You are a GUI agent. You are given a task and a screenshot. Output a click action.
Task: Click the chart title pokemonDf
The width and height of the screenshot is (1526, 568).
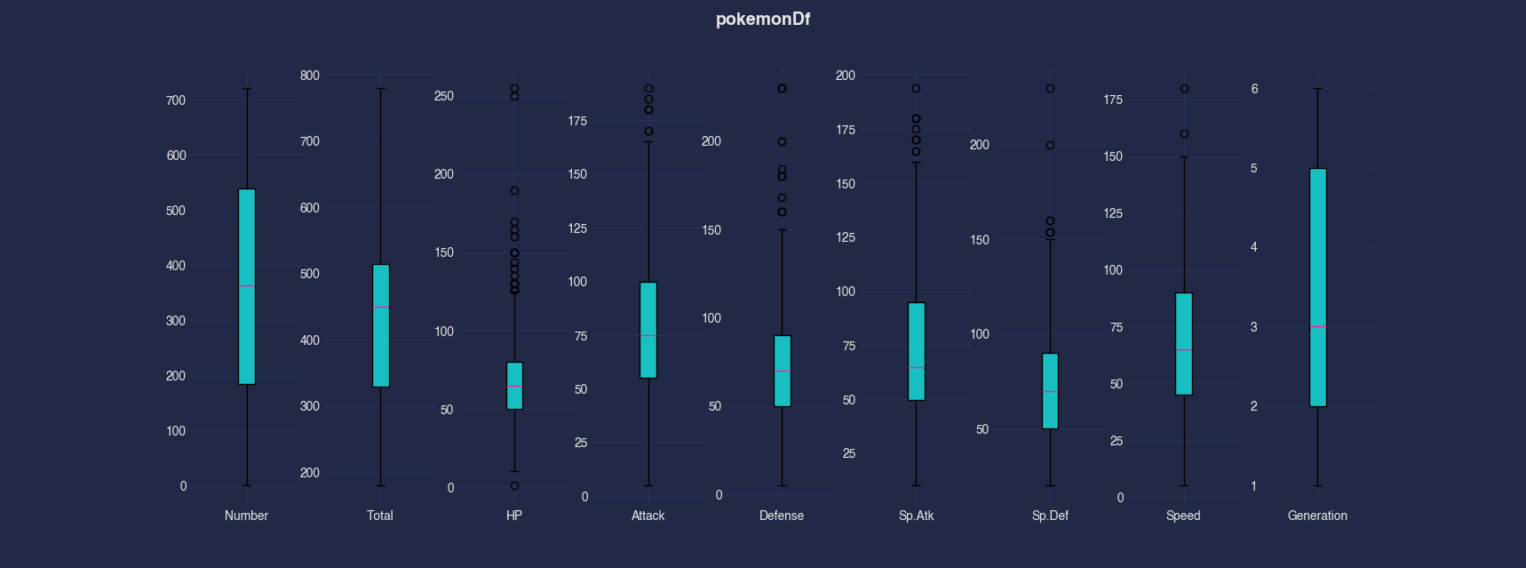[x=762, y=20]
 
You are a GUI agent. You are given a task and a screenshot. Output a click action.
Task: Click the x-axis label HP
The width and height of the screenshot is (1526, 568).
[x=514, y=516]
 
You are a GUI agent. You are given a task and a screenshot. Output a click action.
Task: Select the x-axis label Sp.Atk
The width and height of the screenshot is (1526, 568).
[x=916, y=516]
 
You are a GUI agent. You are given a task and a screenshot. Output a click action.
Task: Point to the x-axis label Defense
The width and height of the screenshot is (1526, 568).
[x=782, y=516]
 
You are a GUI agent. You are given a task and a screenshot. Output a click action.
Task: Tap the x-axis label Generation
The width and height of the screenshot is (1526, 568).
[x=1317, y=516]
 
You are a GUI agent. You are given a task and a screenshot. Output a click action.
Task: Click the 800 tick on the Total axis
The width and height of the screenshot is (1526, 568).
[x=310, y=76]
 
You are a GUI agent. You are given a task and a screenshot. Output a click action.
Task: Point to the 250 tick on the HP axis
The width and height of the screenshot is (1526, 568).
[x=444, y=96]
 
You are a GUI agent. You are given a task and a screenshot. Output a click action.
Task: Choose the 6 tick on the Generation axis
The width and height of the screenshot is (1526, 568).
[x=1254, y=89]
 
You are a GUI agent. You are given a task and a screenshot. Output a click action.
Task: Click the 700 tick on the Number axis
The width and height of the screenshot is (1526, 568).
[x=176, y=100]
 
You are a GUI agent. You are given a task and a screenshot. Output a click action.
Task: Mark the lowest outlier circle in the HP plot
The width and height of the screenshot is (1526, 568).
[x=514, y=485]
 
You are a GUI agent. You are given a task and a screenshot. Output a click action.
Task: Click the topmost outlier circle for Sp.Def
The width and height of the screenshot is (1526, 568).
[x=1050, y=89]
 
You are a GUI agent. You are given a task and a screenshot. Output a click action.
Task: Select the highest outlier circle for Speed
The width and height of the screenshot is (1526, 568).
[x=1184, y=89]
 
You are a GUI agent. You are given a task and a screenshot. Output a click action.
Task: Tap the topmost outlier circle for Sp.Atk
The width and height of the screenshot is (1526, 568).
[x=916, y=89]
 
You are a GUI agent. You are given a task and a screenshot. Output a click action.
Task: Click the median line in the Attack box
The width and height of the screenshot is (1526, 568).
[x=648, y=335]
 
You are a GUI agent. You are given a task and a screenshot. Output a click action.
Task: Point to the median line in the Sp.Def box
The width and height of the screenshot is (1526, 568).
[x=1050, y=391]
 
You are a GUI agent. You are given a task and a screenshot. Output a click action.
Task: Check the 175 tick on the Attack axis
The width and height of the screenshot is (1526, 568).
[x=577, y=121]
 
